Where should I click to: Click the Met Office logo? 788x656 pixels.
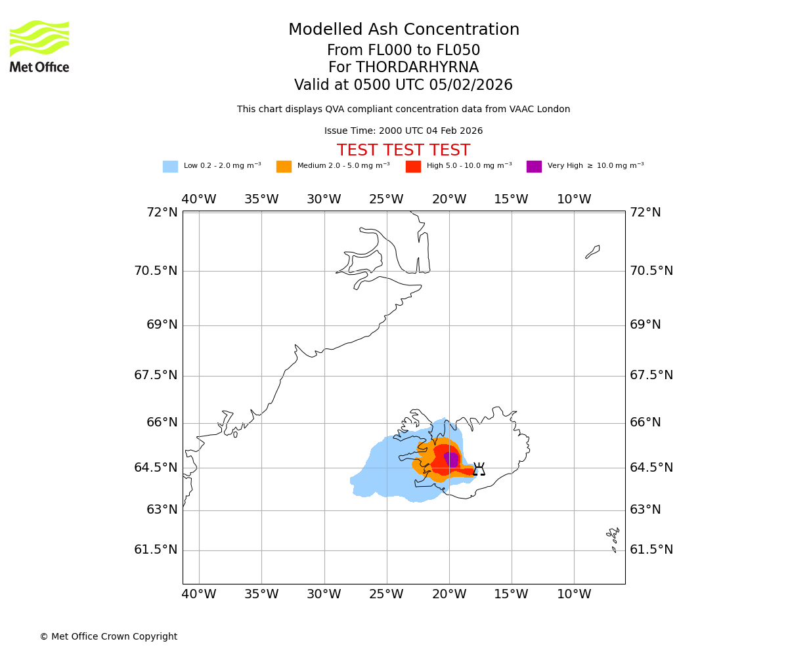pos(39,46)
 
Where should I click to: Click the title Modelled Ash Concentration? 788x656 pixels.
pos(403,30)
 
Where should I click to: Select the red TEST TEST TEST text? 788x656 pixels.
pos(403,151)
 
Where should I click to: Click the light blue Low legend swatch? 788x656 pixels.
pos(170,167)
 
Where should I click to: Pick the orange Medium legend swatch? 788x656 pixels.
pos(284,167)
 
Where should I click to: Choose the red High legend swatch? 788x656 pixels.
pos(413,167)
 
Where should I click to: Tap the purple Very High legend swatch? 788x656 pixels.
pos(534,167)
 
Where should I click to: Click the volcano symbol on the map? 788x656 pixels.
pos(479,469)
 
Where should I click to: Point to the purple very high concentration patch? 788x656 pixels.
pos(451,459)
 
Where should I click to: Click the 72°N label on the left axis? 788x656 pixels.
pos(162,213)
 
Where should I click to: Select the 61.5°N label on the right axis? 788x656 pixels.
pos(651,550)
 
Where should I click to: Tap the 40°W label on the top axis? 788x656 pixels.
pos(198,199)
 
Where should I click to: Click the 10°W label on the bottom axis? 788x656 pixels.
pos(574,594)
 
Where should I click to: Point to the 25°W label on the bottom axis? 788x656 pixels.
pos(386,594)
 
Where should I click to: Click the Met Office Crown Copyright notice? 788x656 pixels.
pos(108,636)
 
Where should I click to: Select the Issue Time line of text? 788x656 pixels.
pos(403,131)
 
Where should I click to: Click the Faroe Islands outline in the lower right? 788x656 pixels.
pos(613,539)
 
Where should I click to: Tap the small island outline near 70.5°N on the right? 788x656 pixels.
pos(592,252)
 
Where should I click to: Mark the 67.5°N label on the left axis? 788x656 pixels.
pos(156,375)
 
